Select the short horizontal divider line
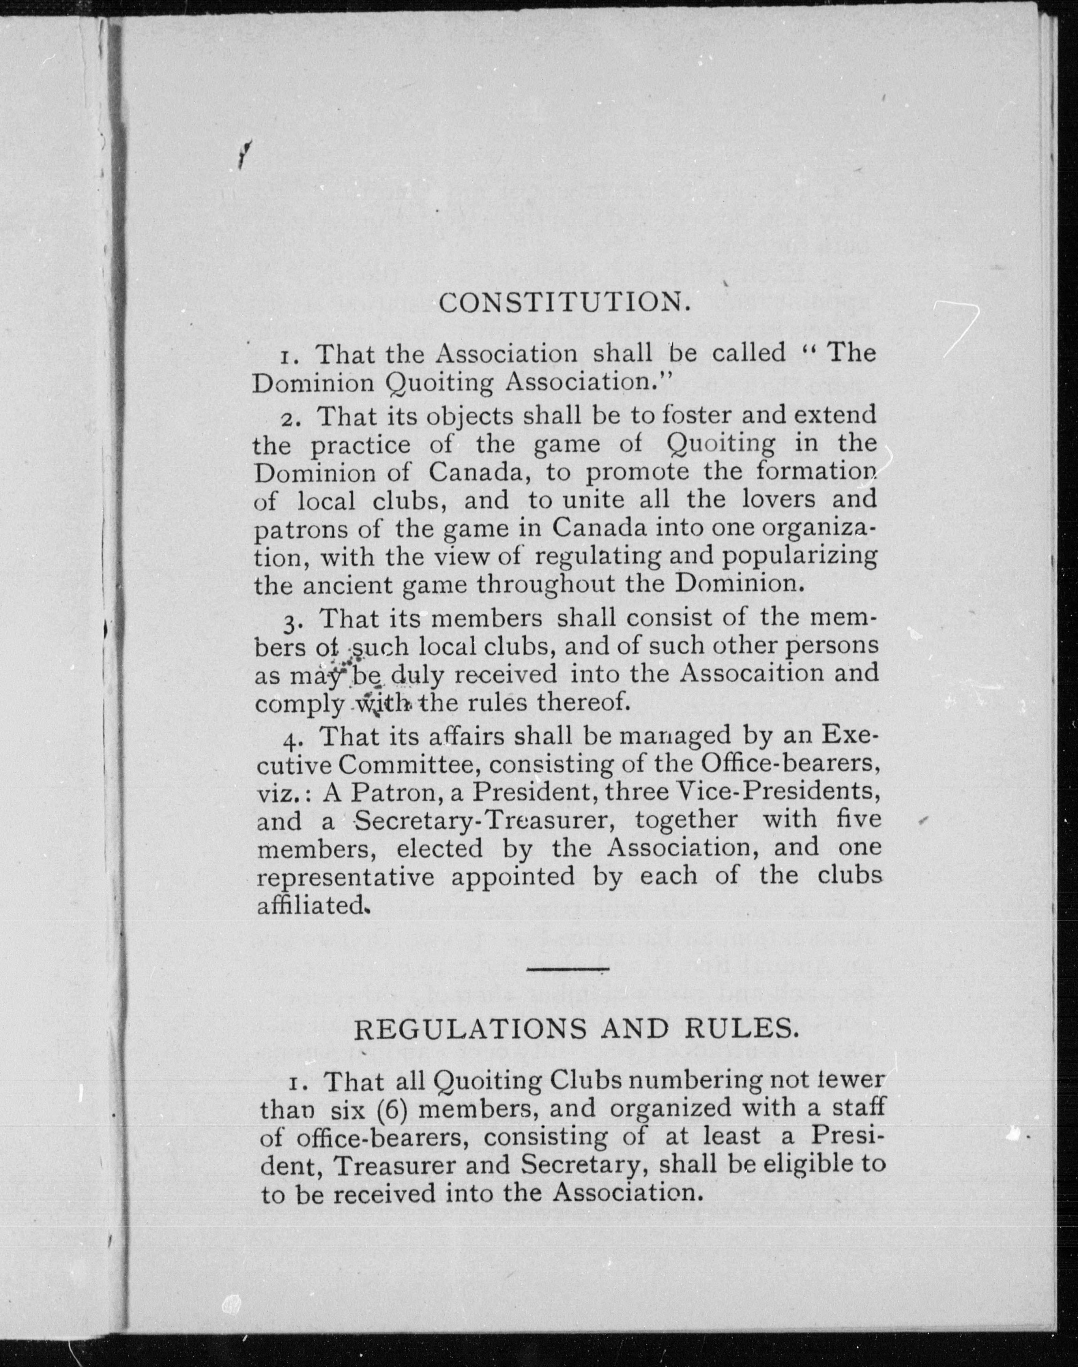(x=567, y=968)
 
